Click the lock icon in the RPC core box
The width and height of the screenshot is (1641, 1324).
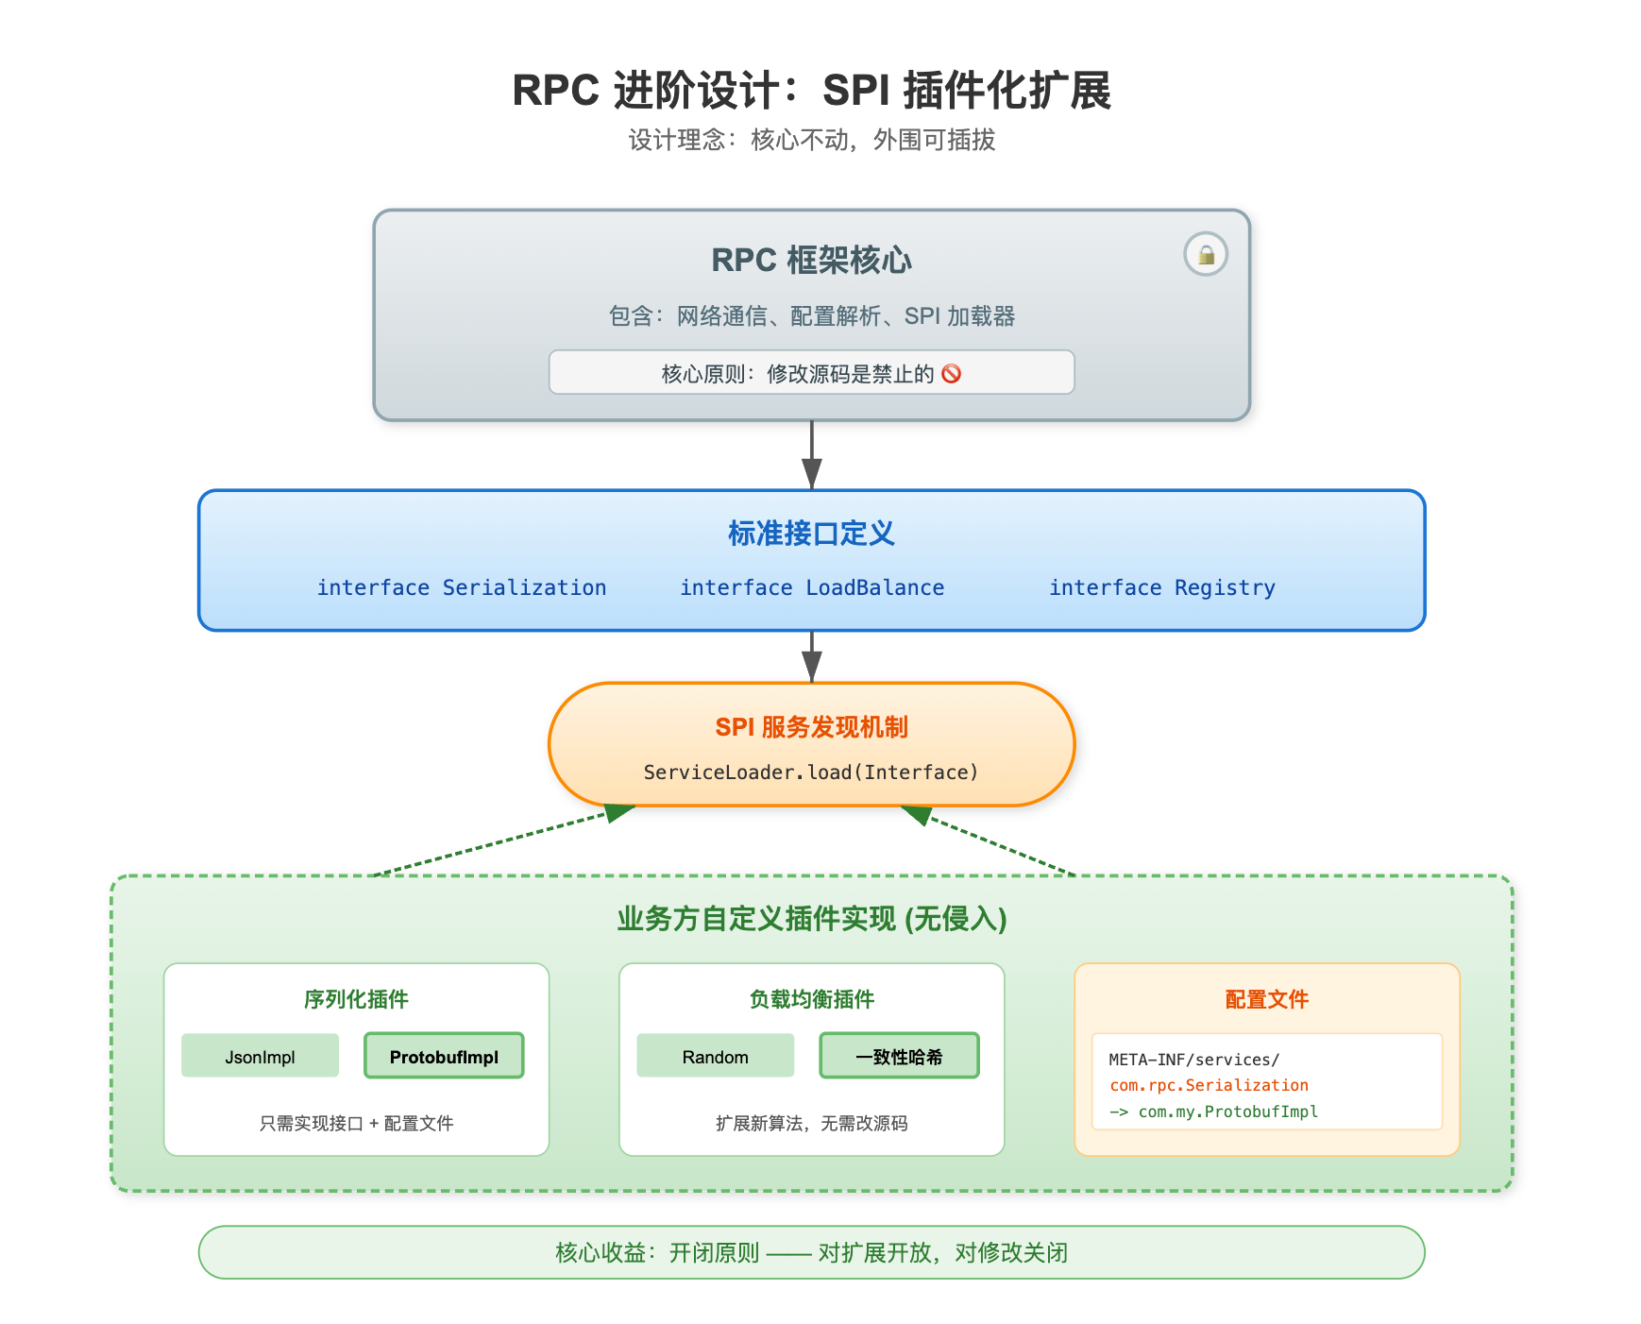[x=1206, y=254]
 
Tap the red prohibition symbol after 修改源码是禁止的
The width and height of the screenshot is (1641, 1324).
[x=952, y=374]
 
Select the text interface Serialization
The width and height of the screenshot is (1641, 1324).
[x=462, y=587]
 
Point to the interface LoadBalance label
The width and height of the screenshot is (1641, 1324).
[x=812, y=587]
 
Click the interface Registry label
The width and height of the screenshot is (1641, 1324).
[x=1162, y=587]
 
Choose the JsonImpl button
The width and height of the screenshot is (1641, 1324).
[x=260, y=1056]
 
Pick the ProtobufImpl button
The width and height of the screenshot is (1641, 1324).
[x=444, y=1056]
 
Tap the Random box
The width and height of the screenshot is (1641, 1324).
[x=715, y=1056]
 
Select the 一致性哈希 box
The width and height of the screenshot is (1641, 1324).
[x=899, y=1056]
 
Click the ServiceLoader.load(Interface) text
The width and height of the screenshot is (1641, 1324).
[x=811, y=772]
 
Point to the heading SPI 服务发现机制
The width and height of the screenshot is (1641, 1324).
[x=811, y=727]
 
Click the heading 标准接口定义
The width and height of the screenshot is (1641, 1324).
[x=811, y=534]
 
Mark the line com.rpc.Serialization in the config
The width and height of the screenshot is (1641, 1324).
[x=1209, y=1085]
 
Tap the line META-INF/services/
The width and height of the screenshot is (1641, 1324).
[x=1193, y=1060]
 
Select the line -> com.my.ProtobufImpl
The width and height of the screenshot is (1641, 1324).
[x=1213, y=1112]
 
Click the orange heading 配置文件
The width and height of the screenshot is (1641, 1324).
[x=1266, y=999]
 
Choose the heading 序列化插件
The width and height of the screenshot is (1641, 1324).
[x=356, y=999]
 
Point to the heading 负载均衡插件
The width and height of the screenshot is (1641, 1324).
[x=811, y=999]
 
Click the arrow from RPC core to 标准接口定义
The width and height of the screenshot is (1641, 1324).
[x=812, y=454]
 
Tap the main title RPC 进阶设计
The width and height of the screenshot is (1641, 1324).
[x=811, y=91]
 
